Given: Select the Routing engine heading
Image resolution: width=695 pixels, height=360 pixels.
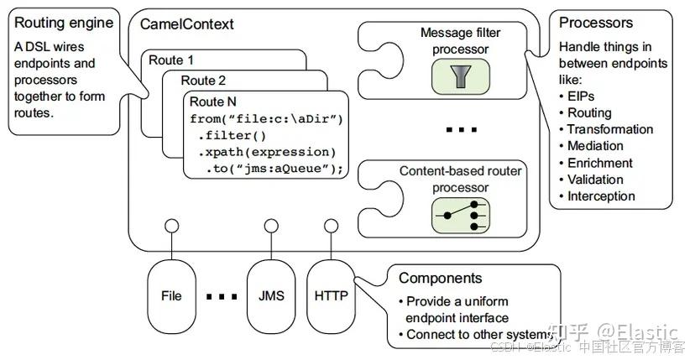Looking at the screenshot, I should [x=55, y=23].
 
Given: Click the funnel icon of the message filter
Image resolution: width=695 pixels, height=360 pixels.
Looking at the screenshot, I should [x=460, y=76].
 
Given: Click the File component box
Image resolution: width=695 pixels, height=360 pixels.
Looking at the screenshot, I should [x=171, y=295].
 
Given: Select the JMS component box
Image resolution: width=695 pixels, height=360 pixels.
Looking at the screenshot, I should [x=271, y=295].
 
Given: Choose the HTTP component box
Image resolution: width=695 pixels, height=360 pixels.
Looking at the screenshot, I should [x=332, y=295].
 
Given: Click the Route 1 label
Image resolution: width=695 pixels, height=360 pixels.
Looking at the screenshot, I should [x=170, y=60].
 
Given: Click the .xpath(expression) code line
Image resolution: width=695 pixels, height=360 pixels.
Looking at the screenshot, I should [x=266, y=152].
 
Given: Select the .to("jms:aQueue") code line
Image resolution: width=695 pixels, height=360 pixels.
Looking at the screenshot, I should [x=274, y=170].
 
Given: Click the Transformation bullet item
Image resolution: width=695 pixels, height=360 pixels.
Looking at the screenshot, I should [x=609, y=129].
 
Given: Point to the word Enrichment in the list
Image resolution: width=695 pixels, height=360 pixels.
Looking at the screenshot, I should [x=599, y=163].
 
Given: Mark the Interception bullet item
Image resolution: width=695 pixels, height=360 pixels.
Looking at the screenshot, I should [x=601, y=196].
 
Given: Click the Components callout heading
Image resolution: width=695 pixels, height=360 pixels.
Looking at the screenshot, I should [x=440, y=279].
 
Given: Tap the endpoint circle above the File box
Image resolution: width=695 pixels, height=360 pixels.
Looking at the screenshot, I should [x=171, y=227].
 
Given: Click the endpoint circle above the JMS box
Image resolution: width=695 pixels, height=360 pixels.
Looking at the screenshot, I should [x=271, y=227].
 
